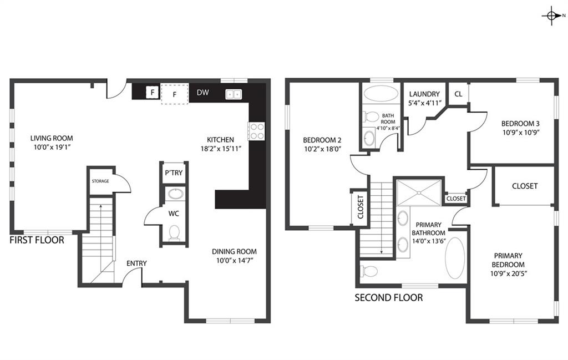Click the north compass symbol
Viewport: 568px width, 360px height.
click(552, 16)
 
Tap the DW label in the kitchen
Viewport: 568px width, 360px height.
click(203, 92)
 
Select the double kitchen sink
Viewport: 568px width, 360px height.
click(234, 94)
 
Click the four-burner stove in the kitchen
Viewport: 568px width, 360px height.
click(256, 131)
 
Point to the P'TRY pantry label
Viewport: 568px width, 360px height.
click(174, 173)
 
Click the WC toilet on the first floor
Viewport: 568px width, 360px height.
click(175, 232)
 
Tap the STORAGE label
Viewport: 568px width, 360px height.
click(100, 181)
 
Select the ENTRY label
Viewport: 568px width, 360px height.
click(136, 263)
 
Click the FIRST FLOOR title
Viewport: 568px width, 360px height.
click(37, 240)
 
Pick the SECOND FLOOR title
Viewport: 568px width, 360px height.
click(389, 298)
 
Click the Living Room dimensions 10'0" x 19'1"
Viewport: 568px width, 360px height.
click(52, 147)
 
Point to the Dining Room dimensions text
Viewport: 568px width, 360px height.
click(235, 260)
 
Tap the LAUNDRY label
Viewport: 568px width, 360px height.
click(424, 94)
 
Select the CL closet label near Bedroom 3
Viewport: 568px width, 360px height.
click(458, 94)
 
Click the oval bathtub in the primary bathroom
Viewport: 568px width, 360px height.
click(455, 257)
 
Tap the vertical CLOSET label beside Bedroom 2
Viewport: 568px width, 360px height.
click(361, 207)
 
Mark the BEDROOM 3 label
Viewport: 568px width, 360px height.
click(520, 124)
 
